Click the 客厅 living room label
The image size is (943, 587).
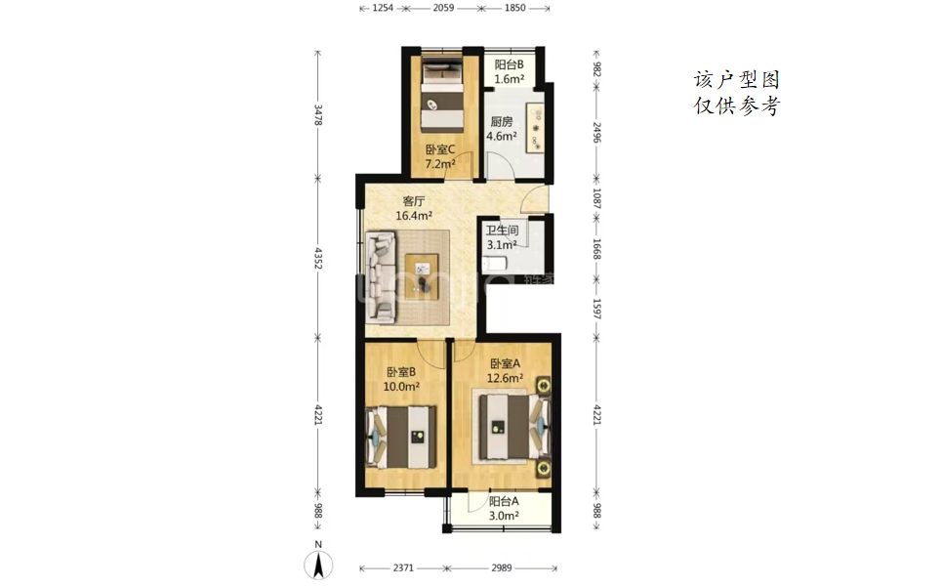tap(414, 201)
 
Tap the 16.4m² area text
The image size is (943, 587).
tap(414, 215)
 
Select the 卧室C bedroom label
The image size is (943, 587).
tap(440, 149)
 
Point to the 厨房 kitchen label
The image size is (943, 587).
tap(502, 122)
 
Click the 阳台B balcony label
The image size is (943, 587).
tap(510, 64)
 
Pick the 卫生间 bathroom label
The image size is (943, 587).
tap(502, 231)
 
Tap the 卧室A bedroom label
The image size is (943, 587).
tap(506, 364)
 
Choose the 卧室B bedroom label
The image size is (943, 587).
tap(401, 372)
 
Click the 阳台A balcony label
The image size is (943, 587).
tap(504, 501)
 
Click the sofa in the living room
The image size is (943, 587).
tap(382, 275)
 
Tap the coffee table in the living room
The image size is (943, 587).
tap(422, 275)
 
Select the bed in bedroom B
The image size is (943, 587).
tap(401, 438)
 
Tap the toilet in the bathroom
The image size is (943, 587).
tap(496, 264)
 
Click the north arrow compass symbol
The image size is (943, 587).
tap(319, 565)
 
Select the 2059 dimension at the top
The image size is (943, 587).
tap(443, 8)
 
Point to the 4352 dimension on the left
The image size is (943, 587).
tap(318, 258)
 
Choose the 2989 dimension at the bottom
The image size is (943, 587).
tap(502, 567)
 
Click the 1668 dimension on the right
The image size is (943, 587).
tap(596, 249)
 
